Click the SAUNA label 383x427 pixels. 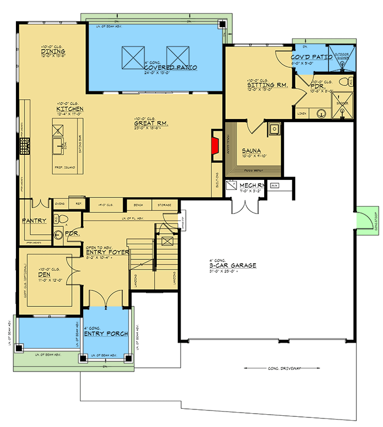pyautogui.click(x=250, y=151)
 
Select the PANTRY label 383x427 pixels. pyautogui.click(x=34, y=220)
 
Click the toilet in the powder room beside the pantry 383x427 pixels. pyautogui.click(x=60, y=218)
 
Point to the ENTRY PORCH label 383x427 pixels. pyautogui.click(x=107, y=334)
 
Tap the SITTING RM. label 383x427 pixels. pyautogui.click(x=267, y=85)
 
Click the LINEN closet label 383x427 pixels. pyautogui.click(x=302, y=113)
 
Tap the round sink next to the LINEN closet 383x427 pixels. pyautogui.click(x=322, y=113)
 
